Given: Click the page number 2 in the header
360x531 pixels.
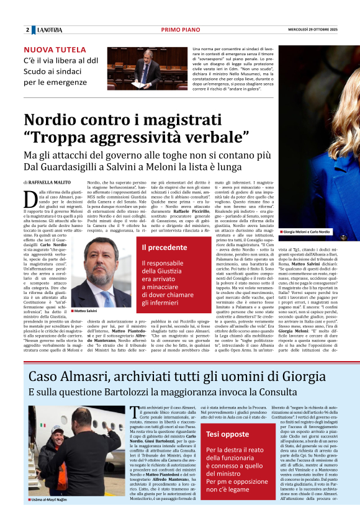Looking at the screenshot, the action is click(28, 30).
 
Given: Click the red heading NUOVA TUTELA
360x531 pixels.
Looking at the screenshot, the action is click(55, 49).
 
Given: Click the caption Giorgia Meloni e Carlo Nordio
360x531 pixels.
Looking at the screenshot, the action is click(307, 231).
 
